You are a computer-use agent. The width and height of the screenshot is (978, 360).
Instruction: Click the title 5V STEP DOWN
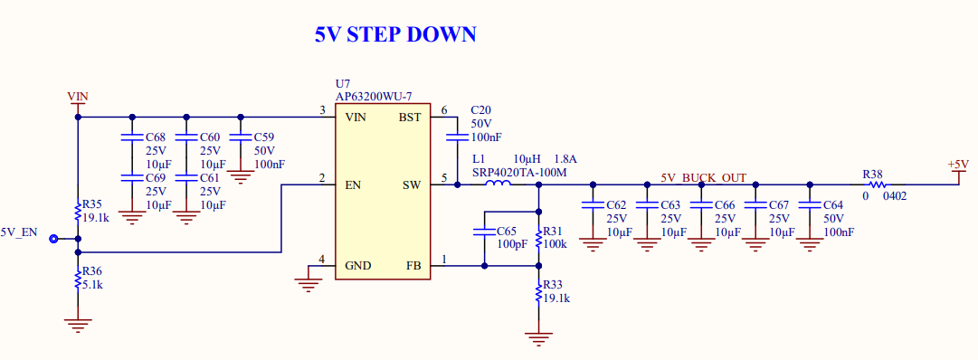point(395,34)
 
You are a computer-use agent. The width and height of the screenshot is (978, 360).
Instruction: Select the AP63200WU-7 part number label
point(374,96)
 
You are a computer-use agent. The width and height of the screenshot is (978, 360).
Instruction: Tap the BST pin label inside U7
point(409,118)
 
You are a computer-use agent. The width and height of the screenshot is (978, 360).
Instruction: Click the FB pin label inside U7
point(413,266)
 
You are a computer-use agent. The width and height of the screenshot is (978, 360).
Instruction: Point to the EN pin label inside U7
point(354,185)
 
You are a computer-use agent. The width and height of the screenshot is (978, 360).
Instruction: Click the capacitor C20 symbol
point(457,137)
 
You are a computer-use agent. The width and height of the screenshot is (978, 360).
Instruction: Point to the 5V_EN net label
point(20,232)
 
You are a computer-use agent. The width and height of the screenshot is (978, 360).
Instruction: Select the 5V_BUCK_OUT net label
point(703,178)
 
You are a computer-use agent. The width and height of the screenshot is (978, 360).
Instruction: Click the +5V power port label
point(958,165)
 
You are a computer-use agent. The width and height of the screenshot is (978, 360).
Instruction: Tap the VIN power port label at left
point(78,96)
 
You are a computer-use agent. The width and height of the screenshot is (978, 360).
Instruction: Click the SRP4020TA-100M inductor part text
point(518,172)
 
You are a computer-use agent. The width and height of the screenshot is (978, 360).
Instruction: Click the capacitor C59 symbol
point(241,137)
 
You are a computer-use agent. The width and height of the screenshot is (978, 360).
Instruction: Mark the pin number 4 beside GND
point(322,261)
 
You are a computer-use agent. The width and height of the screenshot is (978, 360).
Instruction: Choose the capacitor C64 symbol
point(810,205)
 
